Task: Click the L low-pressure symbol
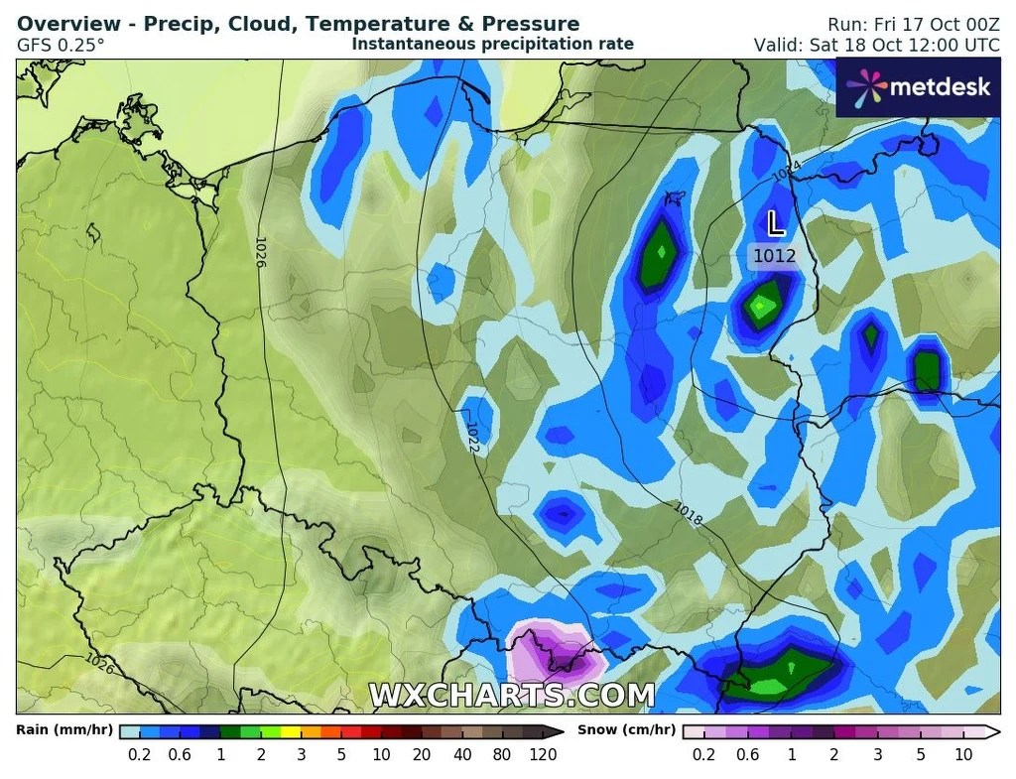pyautogui.click(x=776, y=220)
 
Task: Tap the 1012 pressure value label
pyautogui.click(x=774, y=256)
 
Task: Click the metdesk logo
pyautogui.click(x=918, y=87)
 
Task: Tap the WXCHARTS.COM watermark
pyautogui.click(x=512, y=695)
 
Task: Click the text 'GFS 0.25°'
pyautogui.click(x=61, y=45)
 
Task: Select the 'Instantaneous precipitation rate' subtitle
pyautogui.click(x=492, y=44)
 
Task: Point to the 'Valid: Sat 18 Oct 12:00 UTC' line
pyautogui.click(x=877, y=45)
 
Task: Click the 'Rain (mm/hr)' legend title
pyautogui.click(x=64, y=730)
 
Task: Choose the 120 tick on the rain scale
pyautogui.click(x=543, y=754)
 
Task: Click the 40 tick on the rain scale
pyautogui.click(x=462, y=754)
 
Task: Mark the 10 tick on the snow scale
pyautogui.click(x=961, y=754)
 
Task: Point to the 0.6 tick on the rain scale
pyautogui.click(x=180, y=754)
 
